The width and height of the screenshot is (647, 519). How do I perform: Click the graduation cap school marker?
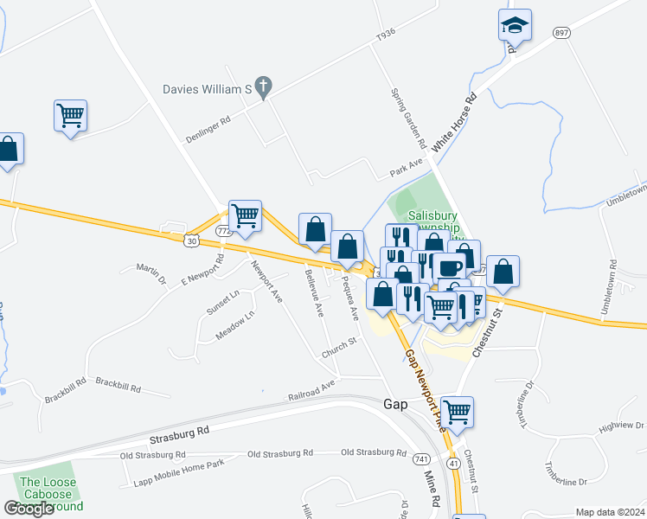pos(515,25)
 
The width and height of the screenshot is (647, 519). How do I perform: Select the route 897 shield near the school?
pos(562,32)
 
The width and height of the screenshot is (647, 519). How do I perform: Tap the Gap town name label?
pos(395,405)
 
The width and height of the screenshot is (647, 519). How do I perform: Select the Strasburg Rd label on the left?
pos(179,430)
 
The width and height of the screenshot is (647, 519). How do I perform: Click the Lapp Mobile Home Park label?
pos(178,465)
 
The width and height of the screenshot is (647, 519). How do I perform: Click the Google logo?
pos(29,509)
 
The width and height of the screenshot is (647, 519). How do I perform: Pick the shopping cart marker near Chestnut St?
pos(456,412)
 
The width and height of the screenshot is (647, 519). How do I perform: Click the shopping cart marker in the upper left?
pos(70,114)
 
